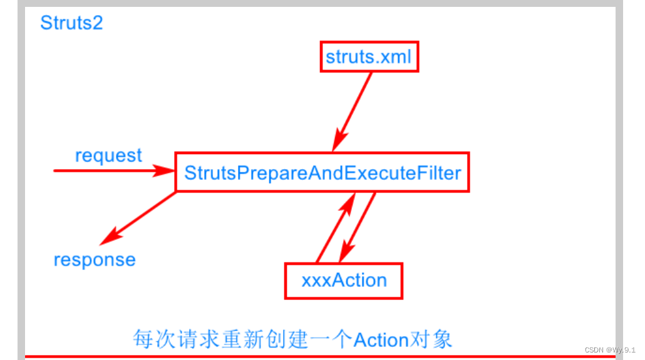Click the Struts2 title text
click(71, 23)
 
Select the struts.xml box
click(369, 57)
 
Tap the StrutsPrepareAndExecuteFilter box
click(322, 172)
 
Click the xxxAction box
click(344, 280)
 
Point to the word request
click(108, 155)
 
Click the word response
click(95, 259)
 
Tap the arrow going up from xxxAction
click(335, 229)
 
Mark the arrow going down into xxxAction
click(359, 229)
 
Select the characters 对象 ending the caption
click(431, 339)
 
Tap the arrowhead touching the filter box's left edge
click(165, 170)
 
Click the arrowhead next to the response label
click(110, 237)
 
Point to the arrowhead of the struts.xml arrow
click(341, 141)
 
